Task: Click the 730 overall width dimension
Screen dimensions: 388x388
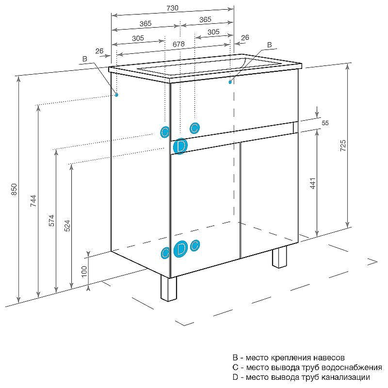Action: [173, 8]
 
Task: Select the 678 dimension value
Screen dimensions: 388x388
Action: [178, 44]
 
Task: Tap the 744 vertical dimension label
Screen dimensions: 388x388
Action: [33, 201]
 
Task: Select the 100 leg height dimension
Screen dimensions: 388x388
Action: [84, 271]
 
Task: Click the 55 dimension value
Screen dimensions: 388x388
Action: [325, 123]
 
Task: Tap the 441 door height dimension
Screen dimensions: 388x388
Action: [313, 183]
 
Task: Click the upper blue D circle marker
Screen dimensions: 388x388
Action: [180, 146]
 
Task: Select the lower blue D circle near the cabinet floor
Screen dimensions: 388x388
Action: [180, 249]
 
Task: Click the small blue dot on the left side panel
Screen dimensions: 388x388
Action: [117, 95]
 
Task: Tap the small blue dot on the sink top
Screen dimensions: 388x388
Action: [230, 82]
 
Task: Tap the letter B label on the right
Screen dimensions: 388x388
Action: [270, 45]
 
